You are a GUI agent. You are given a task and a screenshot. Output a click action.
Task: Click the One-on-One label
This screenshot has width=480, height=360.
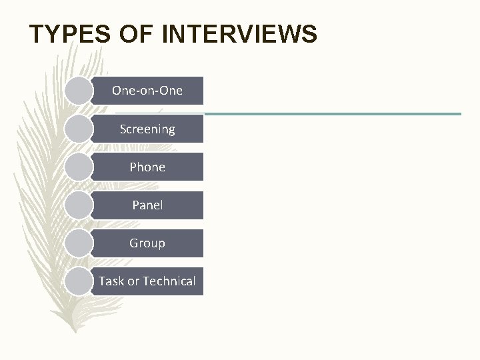click(x=147, y=91)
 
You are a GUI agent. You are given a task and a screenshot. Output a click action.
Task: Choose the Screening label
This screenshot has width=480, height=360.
click(x=147, y=129)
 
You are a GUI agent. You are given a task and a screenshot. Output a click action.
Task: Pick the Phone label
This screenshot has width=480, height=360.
click(x=147, y=167)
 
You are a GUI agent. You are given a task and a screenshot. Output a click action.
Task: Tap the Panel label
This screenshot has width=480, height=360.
click(x=147, y=205)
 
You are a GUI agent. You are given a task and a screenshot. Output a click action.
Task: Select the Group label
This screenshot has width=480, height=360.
click(x=147, y=243)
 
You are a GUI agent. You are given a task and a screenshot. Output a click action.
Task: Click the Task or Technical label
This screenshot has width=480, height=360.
click(x=147, y=281)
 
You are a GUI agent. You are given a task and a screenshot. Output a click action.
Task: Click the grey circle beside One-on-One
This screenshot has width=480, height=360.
click(x=80, y=91)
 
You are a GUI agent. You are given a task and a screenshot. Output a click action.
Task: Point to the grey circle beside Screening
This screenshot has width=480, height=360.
click(x=80, y=129)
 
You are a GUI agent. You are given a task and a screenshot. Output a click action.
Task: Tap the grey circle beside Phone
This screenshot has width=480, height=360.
click(x=80, y=167)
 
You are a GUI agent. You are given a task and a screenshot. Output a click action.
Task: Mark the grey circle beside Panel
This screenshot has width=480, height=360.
click(x=80, y=205)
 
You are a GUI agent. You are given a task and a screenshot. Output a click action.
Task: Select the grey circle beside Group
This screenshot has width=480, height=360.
click(x=80, y=243)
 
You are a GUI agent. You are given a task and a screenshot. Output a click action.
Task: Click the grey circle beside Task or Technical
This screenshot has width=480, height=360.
click(x=80, y=281)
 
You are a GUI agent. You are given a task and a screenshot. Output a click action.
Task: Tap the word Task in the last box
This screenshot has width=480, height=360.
click(x=111, y=281)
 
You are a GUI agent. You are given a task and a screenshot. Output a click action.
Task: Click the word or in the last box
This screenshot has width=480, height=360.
click(x=133, y=282)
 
